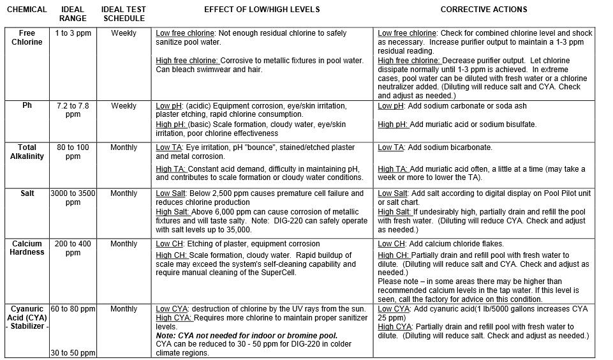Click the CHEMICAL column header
coord(26,10)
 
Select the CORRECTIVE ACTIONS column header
coord(484,10)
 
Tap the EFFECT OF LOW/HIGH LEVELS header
coord(262,10)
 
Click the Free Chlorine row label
coord(27,38)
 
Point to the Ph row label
coord(27,106)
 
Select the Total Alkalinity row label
coord(27,152)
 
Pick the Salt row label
coord(27,193)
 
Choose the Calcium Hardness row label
coord(27,248)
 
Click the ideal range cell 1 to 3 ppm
coord(73,33)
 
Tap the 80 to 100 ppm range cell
coord(73,152)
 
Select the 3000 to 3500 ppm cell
coord(73,198)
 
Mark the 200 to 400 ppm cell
coord(73,248)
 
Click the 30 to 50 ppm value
coord(73,353)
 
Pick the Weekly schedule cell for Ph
coord(124,106)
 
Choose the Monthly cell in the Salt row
coord(124,193)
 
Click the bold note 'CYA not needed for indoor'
coord(247,336)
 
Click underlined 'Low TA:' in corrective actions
coord(392,147)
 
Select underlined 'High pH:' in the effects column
coord(172,124)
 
